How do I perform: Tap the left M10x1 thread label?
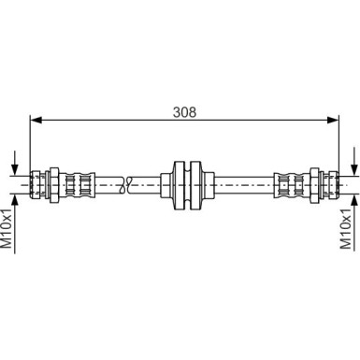coord(7,231)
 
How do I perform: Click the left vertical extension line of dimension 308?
coord(32,140)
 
